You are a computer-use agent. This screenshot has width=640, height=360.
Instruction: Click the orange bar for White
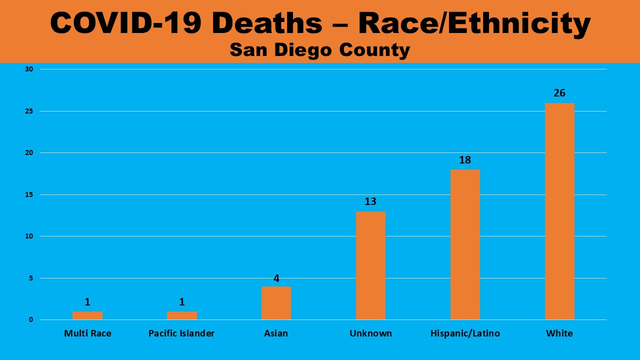pos(559,211)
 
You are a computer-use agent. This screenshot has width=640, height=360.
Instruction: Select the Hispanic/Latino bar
pos(465,244)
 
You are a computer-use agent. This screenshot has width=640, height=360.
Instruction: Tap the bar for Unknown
pos(370,265)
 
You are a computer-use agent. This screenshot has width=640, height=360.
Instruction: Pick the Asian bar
pos(276,303)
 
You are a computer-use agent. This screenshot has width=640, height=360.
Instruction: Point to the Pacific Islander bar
pos(181,315)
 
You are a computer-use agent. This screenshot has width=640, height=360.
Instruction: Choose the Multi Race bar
pos(87,315)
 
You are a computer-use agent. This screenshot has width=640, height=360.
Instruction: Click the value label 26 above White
pos(559,93)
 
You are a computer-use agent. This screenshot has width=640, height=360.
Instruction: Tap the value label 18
pos(465,160)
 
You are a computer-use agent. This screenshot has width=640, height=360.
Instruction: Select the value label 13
pos(370,201)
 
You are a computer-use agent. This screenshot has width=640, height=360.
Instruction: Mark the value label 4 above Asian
pos(276,278)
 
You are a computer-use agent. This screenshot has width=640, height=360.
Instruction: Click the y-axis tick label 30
pos(29,69)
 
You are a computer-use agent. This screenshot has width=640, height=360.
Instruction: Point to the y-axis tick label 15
pos(29,194)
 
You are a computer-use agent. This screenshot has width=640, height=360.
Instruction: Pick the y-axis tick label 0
pos(30,320)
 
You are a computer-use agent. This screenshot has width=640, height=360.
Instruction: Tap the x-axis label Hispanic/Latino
pos(465,333)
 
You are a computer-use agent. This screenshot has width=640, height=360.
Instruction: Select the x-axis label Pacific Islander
pos(181,333)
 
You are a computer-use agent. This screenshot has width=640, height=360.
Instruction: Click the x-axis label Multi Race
pos(87,333)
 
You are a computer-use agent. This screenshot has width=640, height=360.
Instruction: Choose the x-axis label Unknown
pos(370,333)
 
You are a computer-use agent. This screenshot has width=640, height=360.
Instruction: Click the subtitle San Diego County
pos(320,50)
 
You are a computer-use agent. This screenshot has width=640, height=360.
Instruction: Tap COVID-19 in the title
pos(129,23)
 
